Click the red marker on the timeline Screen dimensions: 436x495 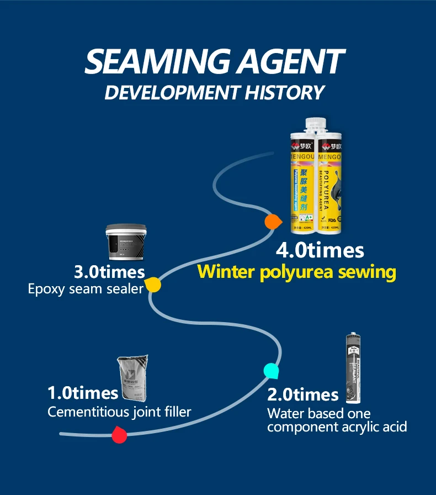pyautogui.click(x=119, y=435)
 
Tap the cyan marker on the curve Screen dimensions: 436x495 pyautogui.click(x=271, y=371)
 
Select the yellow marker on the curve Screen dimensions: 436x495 pyautogui.click(x=153, y=285)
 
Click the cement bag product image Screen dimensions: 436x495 pyautogui.click(x=133, y=380)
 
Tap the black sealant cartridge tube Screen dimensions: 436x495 pyautogui.click(x=352, y=368)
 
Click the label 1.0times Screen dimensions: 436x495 pyautogui.click(x=83, y=393)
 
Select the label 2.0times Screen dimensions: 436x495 pyautogui.click(x=303, y=394)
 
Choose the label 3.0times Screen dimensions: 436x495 pyautogui.click(x=110, y=272)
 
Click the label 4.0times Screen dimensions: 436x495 pyautogui.click(x=320, y=250)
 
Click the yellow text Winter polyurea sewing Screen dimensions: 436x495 pyautogui.click(x=297, y=272)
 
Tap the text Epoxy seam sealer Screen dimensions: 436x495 pyautogui.click(x=86, y=288)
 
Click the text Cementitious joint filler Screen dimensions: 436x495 pyautogui.click(x=119, y=412)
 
